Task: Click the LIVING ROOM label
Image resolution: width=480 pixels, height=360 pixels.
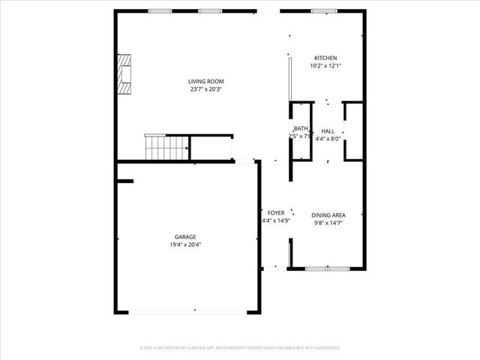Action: (x=206, y=81)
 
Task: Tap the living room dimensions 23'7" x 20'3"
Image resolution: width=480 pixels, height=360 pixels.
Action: (x=206, y=89)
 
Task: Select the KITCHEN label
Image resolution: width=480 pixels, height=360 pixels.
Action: (x=325, y=58)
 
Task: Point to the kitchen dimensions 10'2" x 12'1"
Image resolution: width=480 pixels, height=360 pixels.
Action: (x=325, y=66)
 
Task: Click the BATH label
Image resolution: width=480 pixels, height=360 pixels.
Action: (x=301, y=128)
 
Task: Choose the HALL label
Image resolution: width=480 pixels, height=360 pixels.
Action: (x=328, y=130)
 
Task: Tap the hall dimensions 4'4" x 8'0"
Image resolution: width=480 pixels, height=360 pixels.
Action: (x=328, y=139)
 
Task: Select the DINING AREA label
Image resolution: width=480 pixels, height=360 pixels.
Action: (x=328, y=214)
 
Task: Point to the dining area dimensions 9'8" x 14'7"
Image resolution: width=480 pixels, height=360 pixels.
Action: (x=328, y=223)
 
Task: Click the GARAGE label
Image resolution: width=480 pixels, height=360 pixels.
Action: (x=186, y=236)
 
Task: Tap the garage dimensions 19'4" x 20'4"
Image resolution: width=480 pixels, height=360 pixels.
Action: (x=186, y=244)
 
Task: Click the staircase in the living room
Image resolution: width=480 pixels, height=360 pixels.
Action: (x=165, y=147)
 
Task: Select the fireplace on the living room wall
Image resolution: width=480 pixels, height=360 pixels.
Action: (x=124, y=73)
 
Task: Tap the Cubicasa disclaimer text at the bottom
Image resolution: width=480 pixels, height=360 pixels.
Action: (x=240, y=348)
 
